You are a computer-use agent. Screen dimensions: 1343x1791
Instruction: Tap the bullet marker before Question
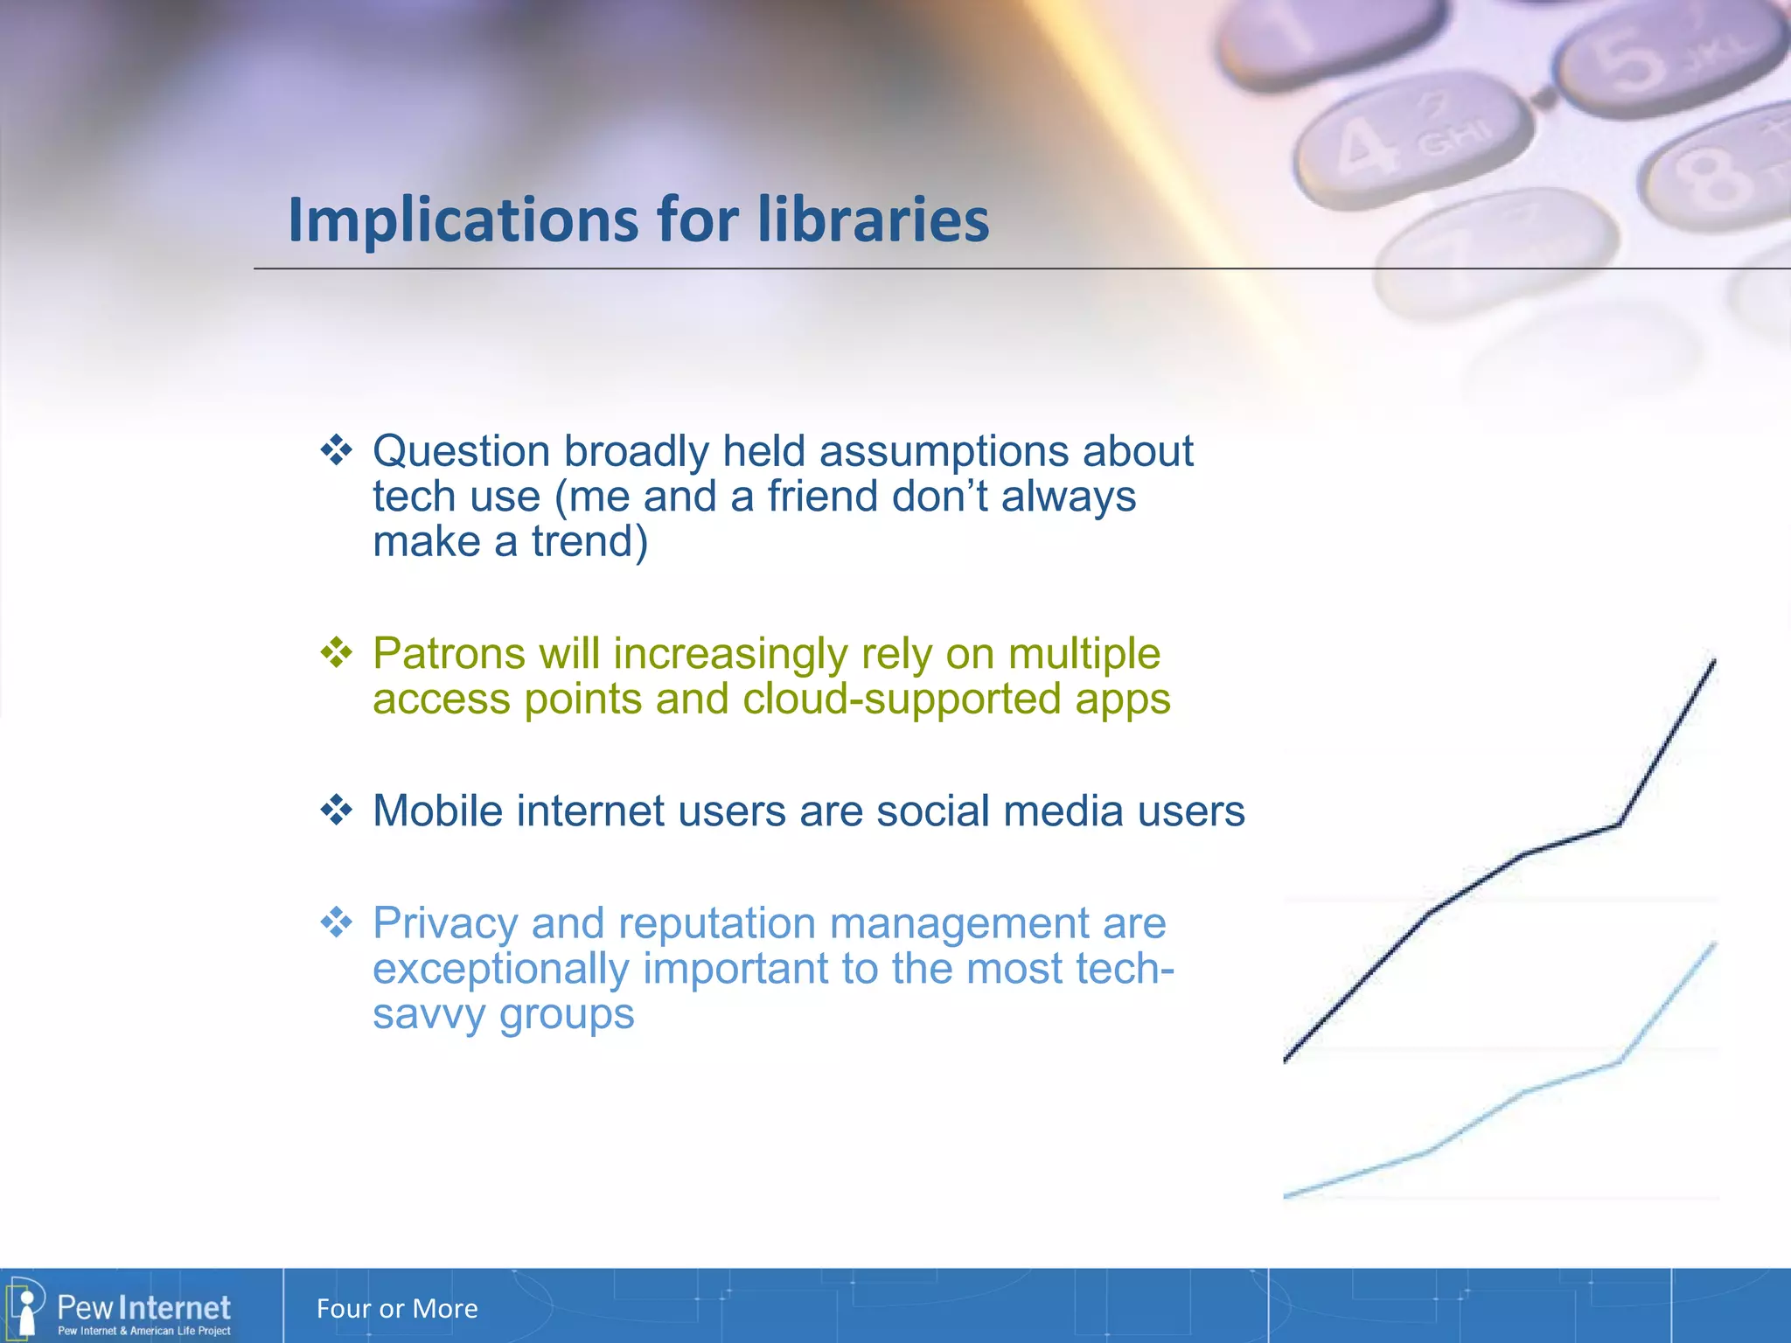(336, 451)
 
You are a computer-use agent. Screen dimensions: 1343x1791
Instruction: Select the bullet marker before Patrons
(336, 653)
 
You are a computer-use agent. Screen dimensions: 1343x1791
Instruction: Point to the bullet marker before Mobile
(336, 811)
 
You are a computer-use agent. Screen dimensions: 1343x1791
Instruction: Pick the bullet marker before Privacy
(336, 922)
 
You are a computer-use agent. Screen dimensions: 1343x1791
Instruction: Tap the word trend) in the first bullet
(589, 542)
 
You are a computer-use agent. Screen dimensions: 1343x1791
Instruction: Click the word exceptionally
(500, 970)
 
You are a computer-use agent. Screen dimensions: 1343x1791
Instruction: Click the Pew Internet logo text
(143, 1308)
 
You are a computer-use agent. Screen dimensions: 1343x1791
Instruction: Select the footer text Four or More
(397, 1309)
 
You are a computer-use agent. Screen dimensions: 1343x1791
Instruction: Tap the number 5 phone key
(1662, 61)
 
